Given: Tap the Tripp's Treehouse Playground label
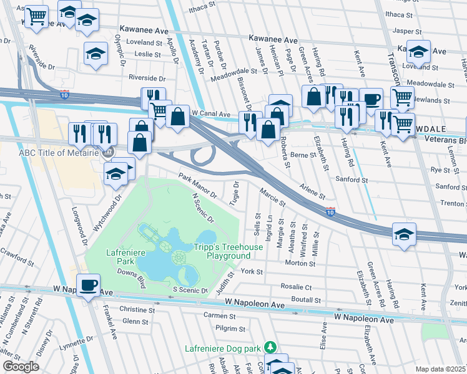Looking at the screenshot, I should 228,252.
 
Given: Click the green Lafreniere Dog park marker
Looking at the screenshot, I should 270,347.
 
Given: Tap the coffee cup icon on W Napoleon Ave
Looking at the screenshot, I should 87,285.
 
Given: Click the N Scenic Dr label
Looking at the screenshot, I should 202,208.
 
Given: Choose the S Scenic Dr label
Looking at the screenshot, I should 190,290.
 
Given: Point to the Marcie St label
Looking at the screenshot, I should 272,198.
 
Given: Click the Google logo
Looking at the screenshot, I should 21,367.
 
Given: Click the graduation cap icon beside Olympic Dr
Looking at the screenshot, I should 96,54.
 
